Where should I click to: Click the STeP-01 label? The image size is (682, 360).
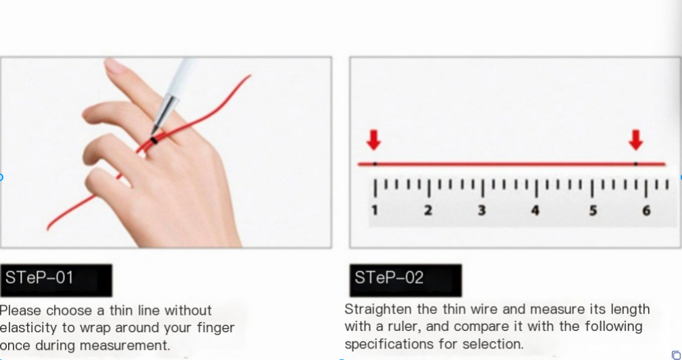39,278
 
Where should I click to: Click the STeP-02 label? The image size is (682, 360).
389,278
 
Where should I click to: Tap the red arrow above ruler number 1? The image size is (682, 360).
373,140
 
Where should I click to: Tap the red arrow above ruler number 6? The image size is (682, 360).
635,140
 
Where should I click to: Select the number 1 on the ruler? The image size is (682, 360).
374,211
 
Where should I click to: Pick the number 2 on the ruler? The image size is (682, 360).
428,211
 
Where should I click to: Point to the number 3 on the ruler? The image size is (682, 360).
481,211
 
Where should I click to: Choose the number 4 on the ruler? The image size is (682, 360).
535,211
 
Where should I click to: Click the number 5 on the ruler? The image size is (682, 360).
592,211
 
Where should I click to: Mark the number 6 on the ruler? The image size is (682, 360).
646,211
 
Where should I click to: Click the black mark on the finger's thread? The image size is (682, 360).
155,140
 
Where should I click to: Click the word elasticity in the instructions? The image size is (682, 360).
26,328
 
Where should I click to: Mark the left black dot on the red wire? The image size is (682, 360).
375,163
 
